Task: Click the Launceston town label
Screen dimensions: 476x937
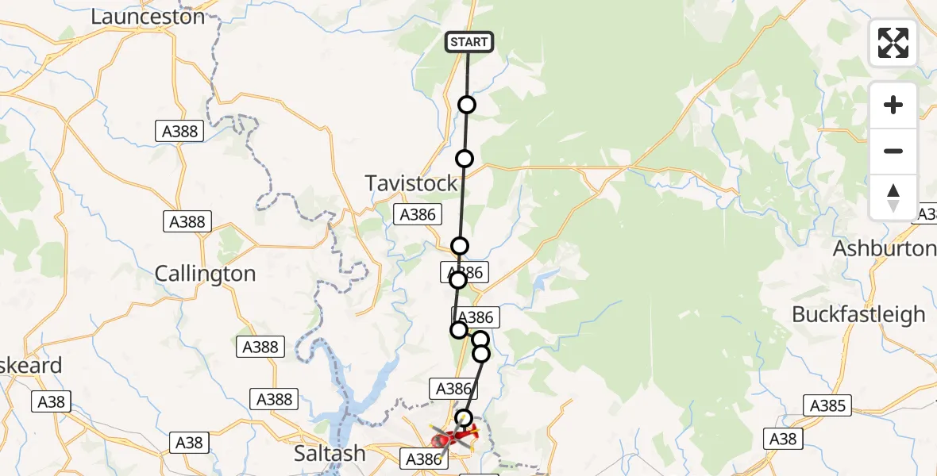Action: [148, 16]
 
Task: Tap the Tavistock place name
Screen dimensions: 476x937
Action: [411, 183]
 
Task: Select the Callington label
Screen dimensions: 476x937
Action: [205, 274]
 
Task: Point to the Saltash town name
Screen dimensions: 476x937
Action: [330, 454]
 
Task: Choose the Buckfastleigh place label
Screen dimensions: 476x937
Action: [858, 314]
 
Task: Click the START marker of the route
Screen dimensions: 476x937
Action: [469, 42]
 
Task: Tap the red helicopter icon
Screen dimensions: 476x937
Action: [453, 436]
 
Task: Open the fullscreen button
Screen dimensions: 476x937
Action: [893, 43]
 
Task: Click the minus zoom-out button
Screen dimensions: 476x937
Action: [893, 151]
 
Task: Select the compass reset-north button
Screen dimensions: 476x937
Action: [893, 197]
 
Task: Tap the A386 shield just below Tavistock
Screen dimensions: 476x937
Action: [415, 214]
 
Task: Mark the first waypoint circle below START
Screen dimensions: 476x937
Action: [467, 105]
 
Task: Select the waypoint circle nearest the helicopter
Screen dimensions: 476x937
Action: [464, 417]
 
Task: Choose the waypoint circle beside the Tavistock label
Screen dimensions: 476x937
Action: [465, 159]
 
